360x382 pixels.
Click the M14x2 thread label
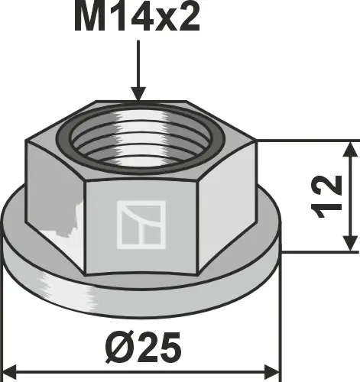pyautogui.click(x=137, y=19)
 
